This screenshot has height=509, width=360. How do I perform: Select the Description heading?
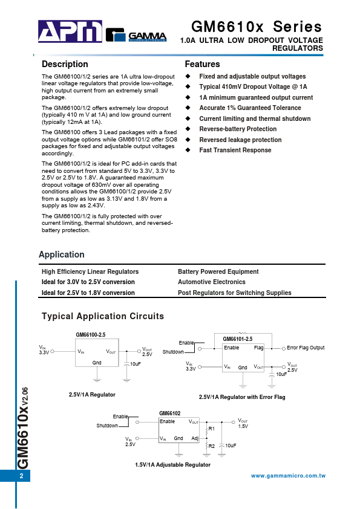65,64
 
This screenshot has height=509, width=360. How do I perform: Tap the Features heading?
202,64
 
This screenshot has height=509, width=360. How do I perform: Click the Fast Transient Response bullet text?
235,150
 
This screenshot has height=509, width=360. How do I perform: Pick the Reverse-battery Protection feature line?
238,129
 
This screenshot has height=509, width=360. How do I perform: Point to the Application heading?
62,254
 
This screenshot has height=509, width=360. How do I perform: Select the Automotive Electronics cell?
211,282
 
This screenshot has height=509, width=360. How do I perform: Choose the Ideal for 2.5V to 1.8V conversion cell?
88,293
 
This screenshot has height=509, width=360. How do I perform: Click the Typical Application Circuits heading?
102,316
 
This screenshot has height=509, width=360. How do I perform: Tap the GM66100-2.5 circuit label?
90,335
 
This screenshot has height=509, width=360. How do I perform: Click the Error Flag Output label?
306,348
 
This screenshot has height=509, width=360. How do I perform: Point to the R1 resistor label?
211,429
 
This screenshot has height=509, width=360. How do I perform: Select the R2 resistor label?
211,446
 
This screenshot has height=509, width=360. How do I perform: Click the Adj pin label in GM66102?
195,438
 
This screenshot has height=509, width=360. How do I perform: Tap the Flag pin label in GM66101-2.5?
258,348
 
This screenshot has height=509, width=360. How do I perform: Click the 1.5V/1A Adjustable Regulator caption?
172,465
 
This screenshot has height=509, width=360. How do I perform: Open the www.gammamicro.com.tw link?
288,476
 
